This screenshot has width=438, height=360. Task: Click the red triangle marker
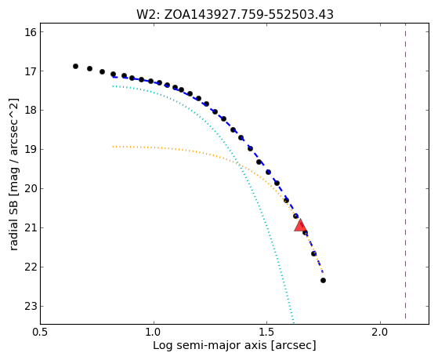(x=300, y=226)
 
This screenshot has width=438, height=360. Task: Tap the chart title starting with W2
(x=234, y=15)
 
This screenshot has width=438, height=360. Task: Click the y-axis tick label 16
(x=31, y=32)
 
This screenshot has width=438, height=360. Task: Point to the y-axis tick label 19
(x=31, y=150)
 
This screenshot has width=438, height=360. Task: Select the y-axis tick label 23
(x=31, y=307)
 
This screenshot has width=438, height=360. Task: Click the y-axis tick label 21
(x=31, y=228)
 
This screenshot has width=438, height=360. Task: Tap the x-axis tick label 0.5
(x=41, y=332)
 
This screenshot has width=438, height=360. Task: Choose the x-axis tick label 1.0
(x=154, y=332)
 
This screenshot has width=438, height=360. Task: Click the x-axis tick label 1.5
(x=266, y=332)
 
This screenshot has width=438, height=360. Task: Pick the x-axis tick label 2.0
(x=380, y=332)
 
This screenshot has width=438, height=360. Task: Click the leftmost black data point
(x=75, y=67)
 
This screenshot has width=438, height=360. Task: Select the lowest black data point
(x=323, y=280)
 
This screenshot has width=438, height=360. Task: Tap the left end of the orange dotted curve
(x=113, y=147)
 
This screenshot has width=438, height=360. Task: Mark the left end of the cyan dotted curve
(x=113, y=86)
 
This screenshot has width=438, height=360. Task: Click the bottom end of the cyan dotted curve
(x=294, y=323)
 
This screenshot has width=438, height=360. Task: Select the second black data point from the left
(x=89, y=68)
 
